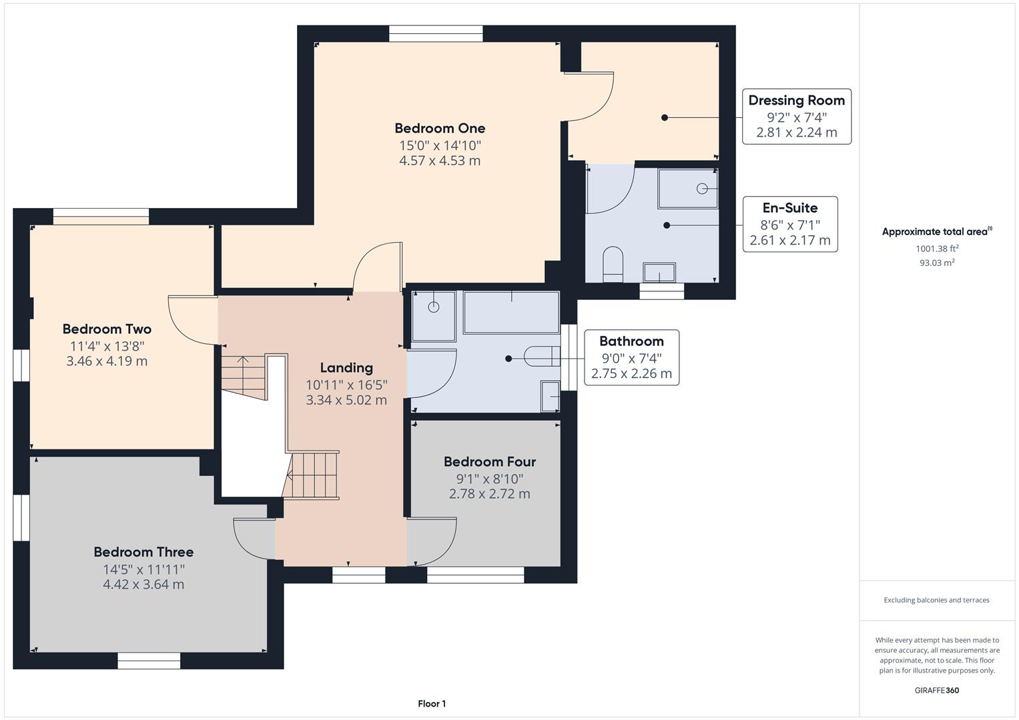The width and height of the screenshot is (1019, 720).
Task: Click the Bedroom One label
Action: (440, 128)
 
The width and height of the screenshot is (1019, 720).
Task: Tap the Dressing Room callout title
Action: (797, 100)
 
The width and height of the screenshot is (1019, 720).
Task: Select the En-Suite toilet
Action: (613, 265)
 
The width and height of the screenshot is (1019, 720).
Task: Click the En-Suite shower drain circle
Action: (702, 188)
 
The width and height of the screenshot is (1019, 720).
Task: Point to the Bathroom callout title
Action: (631, 341)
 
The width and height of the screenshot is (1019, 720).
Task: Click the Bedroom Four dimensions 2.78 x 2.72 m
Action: (490, 493)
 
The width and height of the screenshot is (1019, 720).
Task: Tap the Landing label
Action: (346, 368)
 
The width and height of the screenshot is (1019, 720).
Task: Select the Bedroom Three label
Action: (143, 552)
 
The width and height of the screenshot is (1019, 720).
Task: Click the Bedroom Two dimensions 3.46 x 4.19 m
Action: (107, 361)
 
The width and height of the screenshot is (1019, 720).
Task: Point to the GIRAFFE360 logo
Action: (937, 690)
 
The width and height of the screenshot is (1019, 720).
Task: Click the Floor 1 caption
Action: (432, 703)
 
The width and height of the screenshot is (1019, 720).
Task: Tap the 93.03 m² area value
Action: (937, 262)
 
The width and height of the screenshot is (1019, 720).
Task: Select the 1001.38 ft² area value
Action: (937, 248)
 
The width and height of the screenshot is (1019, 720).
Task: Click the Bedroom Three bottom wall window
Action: (149, 661)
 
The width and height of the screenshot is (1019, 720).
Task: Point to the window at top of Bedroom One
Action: (436, 33)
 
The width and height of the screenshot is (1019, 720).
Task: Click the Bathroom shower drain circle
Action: (434, 307)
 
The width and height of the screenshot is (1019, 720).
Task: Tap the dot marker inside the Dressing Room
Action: (665, 118)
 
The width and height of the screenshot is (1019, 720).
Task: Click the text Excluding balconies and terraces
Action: (937, 600)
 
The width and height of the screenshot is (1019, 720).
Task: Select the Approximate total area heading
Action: (937, 231)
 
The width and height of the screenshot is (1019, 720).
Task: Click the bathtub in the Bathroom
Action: (511, 313)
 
